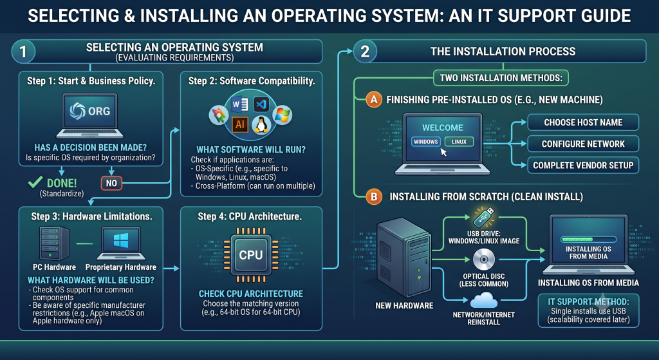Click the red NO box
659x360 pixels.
[x=111, y=183]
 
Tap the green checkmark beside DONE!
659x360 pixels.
[x=35, y=182]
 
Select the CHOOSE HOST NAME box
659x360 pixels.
[x=583, y=122]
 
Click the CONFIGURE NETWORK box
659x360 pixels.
[x=583, y=144]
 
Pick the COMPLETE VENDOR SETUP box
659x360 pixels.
[x=583, y=166]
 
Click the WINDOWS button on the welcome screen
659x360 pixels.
[x=426, y=142]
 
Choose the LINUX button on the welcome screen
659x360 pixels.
[x=459, y=142]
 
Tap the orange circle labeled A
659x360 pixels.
[x=374, y=100]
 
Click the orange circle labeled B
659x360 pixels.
[x=374, y=196]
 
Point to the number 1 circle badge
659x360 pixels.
[x=23, y=52]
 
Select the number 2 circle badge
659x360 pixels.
[x=365, y=52]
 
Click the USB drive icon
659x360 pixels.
[x=484, y=217]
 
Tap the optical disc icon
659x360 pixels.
[x=484, y=260]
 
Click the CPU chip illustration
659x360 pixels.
[x=251, y=255]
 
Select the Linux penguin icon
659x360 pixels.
[x=261, y=125]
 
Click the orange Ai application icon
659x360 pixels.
[x=240, y=124]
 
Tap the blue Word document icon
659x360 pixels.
[x=240, y=104]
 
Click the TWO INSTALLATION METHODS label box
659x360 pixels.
[x=501, y=78]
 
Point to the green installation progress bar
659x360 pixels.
[x=588, y=240]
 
